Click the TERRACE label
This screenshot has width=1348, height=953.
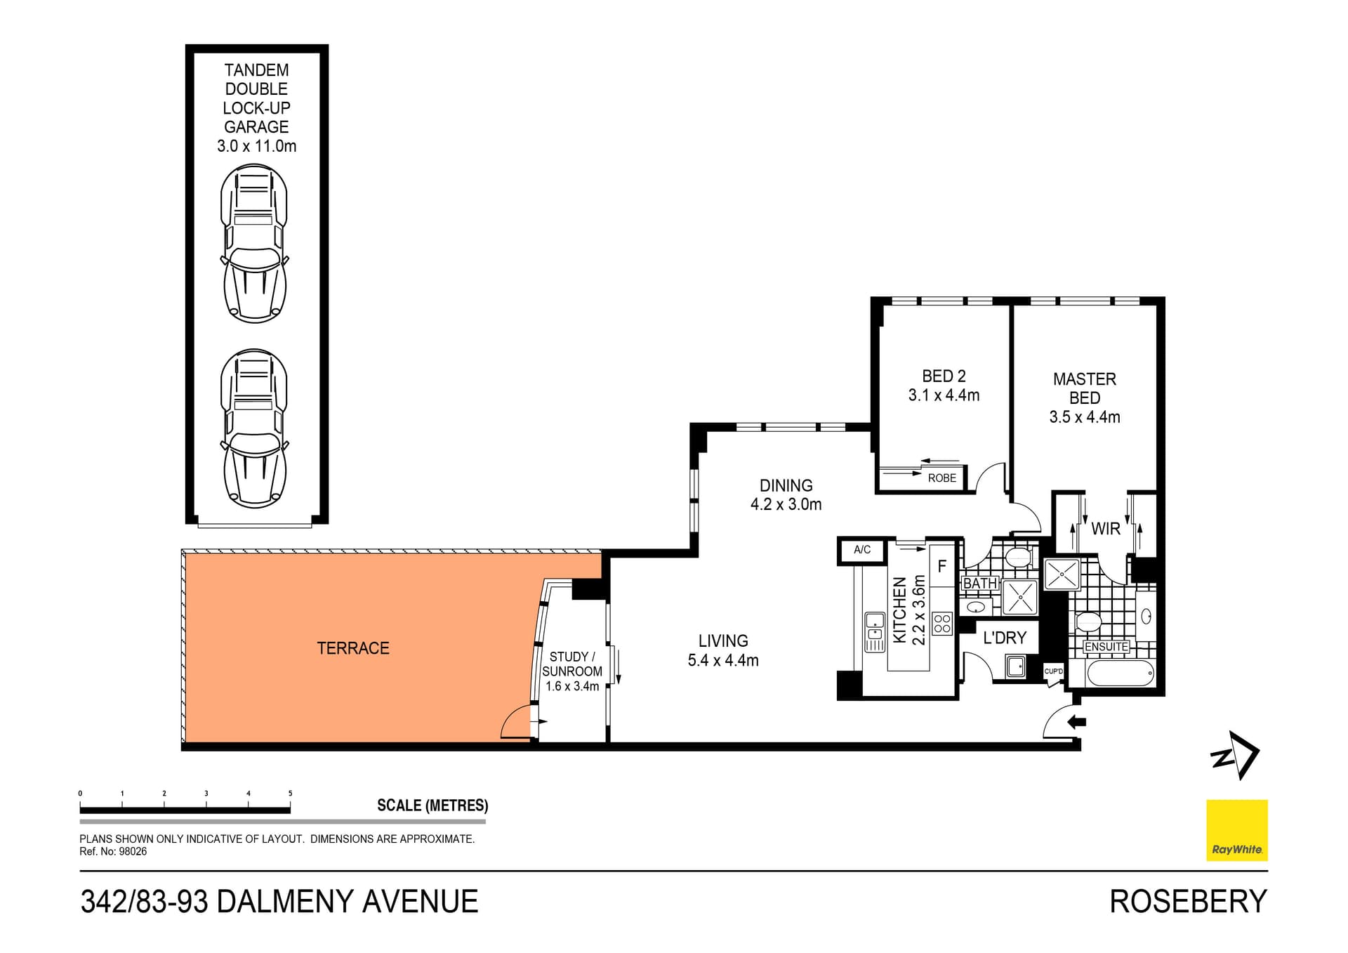(352, 648)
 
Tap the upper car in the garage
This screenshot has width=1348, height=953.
(254, 243)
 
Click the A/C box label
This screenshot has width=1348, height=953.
(862, 550)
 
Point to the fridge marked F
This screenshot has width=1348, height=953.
(942, 566)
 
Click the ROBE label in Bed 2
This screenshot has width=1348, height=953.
(941, 478)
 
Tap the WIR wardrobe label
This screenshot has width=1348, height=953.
(1105, 529)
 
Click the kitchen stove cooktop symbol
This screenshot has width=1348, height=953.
(942, 624)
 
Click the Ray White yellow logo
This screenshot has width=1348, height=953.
(1236, 830)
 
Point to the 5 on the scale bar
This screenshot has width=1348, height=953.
(290, 794)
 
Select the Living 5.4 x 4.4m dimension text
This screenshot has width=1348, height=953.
(723, 660)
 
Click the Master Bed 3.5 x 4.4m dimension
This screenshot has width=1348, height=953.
(1084, 417)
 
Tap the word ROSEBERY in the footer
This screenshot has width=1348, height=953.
(1188, 902)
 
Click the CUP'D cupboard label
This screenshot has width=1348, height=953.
(1053, 671)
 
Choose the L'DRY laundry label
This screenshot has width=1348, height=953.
(1004, 638)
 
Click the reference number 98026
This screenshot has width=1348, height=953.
(133, 852)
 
